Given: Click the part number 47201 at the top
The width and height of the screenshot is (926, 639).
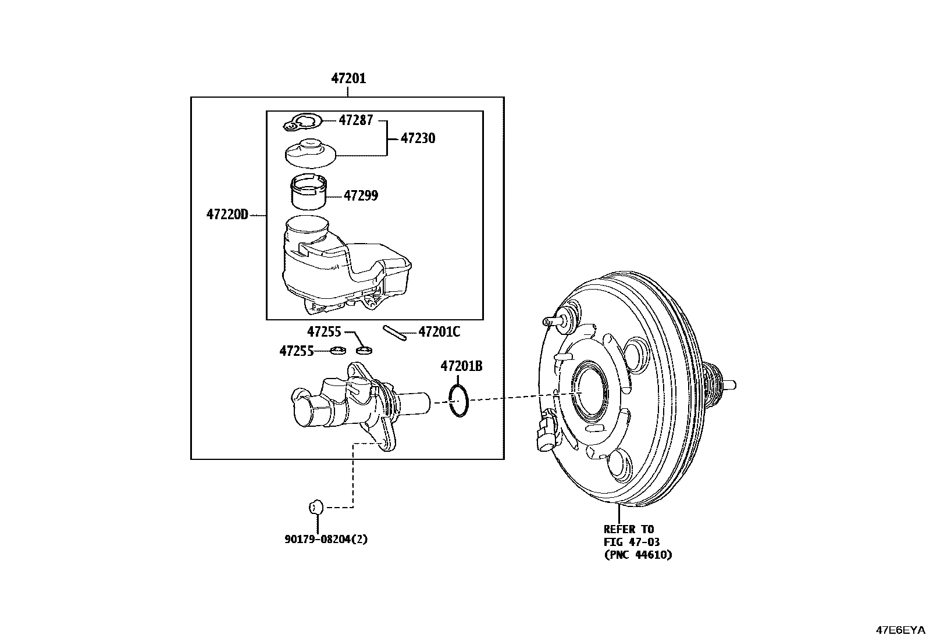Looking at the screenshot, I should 348,78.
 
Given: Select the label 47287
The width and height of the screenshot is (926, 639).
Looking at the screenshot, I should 356,121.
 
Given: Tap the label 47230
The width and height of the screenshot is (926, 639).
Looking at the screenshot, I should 418,138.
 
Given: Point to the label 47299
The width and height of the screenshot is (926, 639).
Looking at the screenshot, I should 361,195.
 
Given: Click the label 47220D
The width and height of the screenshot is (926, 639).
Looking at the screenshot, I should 227,215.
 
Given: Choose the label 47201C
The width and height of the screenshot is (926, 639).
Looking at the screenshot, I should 439,332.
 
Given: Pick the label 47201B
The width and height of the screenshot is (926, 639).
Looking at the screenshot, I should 461,366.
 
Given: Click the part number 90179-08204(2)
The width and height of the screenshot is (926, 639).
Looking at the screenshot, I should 326,539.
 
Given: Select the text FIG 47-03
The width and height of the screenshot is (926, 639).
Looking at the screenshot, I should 631,542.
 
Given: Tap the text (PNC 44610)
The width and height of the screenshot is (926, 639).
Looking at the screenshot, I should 637,555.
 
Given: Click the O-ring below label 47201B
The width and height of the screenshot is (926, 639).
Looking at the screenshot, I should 458,400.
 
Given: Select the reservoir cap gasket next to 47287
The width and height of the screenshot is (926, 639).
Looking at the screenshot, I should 303,123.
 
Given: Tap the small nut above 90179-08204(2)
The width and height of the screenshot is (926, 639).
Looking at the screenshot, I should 315,507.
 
